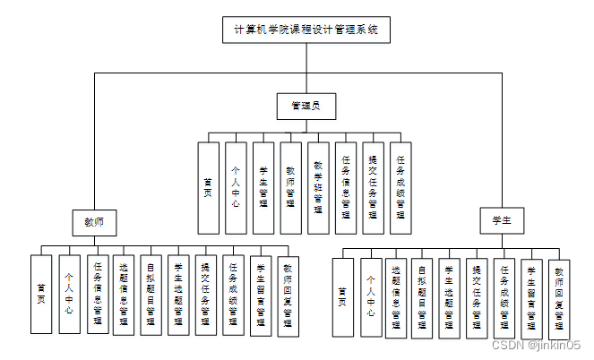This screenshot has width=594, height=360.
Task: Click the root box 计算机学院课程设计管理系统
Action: (306, 29)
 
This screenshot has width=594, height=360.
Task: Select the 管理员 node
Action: (306, 107)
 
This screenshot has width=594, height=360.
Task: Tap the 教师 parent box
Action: (94, 220)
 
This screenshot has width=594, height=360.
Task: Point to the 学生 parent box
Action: (502, 220)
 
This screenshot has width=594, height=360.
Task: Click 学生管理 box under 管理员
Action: (263, 188)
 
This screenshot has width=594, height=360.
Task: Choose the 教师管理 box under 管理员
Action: (290, 188)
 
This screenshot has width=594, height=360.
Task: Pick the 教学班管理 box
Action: (318, 188)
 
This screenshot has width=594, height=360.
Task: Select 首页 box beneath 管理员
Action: (208, 188)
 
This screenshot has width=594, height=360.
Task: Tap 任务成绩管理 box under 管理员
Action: (400, 188)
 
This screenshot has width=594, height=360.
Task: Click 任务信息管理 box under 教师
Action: (97, 296)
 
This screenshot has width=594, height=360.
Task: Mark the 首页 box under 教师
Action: (41, 296)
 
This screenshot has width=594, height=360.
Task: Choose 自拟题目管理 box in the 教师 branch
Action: (151, 296)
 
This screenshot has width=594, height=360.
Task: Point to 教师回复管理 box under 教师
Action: (288, 296)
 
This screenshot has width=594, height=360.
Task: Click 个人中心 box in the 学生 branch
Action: (371, 297)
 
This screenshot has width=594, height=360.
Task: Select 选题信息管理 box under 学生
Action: (396, 297)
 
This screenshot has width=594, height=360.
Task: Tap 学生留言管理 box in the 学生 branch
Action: (531, 297)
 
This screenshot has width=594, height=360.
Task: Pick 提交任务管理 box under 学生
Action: (477, 297)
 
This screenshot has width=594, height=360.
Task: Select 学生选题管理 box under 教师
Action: (179, 296)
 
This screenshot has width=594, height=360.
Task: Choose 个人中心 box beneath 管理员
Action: (236, 188)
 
